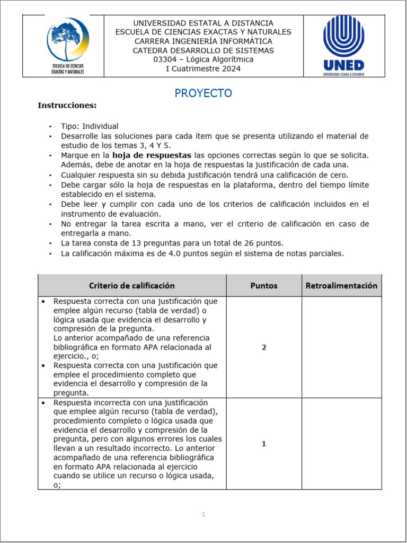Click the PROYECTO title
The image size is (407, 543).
pos(203,93)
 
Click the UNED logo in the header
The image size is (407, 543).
pos(343,45)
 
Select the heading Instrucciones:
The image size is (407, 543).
pos(67,106)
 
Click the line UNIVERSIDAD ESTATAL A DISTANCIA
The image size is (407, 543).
pos(203,23)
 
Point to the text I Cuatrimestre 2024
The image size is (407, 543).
pos(203,68)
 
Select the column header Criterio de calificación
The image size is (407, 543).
pos(131,285)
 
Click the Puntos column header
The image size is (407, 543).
pos(263,285)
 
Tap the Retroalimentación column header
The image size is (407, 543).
pos(341,285)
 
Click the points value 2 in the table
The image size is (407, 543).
pos(264,347)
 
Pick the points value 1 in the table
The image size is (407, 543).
pos(264,444)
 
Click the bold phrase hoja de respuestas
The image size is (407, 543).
pos(152,155)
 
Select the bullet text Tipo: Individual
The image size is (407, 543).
pos(90,126)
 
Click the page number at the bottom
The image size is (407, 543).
pos(203,514)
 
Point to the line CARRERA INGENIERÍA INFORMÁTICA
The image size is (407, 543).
pos(203,41)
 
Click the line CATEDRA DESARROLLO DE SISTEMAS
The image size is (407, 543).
pos(203,50)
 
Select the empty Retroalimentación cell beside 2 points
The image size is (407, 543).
pos(341,347)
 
